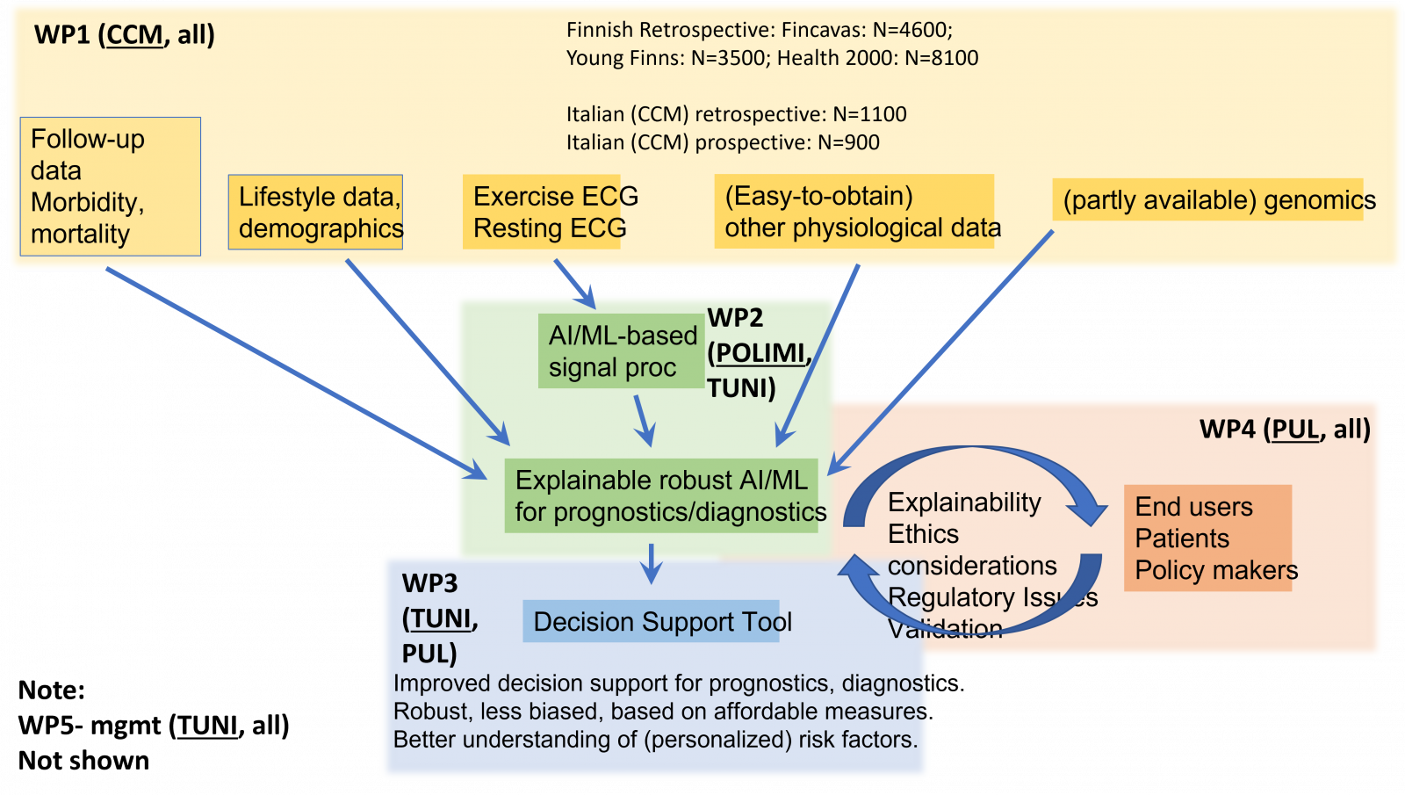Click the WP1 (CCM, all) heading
tap(124, 35)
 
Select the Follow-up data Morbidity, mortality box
tap(110, 186)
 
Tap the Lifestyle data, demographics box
tap(315, 212)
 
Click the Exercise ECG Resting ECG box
tap(542, 212)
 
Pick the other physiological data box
tap(854, 212)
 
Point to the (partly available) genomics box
tap(1207, 199)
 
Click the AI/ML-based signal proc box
tap(620, 351)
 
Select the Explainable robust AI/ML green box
tap(661, 495)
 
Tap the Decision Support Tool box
tap(651, 621)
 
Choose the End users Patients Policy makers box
tap(1207, 538)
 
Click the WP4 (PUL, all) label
tap(1284, 429)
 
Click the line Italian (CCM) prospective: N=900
tap(722, 142)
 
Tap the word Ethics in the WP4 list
tap(923, 533)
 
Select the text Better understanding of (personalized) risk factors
tap(655, 740)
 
